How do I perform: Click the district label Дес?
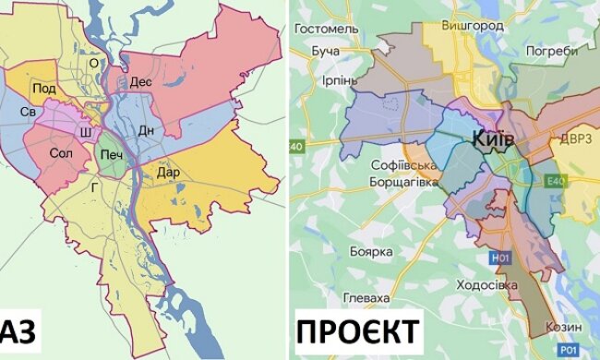[x=140, y=81]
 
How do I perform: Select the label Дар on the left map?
[x=167, y=171]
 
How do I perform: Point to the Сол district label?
[x=61, y=152]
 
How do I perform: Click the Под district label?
[x=43, y=88]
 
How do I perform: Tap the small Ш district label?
[x=86, y=133]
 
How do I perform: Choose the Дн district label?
[x=146, y=129]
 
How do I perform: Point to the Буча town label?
[x=326, y=51]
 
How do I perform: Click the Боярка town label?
[x=372, y=251]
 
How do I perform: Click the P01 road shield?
[x=571, y=349]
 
